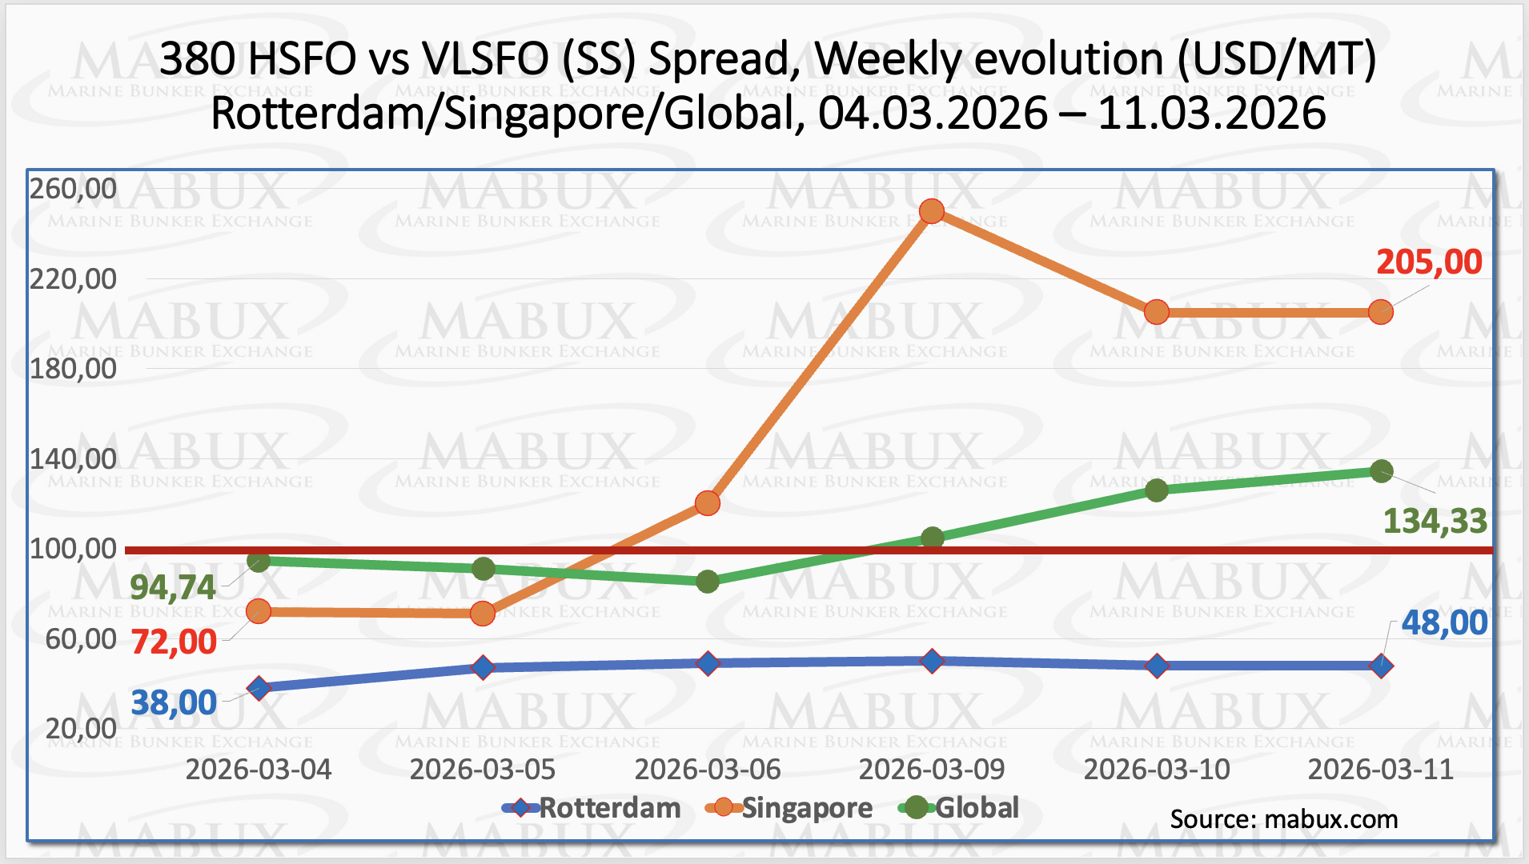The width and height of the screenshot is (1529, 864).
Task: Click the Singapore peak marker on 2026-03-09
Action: point(932,211)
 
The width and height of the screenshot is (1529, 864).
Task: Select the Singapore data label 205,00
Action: point(1429,262)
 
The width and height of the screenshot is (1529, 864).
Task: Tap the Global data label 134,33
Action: point(1435,522)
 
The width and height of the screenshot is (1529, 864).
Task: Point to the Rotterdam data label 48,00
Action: point(1444,623)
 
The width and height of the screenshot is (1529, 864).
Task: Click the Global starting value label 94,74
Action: point(173,588)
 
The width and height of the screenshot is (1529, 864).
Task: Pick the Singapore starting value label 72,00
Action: point(174,642)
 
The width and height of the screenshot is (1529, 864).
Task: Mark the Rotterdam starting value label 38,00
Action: point(174,703)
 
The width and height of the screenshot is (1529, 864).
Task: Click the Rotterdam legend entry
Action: point(592,808)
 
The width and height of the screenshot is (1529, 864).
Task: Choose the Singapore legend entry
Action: point(789,808)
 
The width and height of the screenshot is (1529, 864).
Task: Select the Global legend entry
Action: point(961,808)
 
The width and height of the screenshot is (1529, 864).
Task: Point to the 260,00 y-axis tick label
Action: point(73,189)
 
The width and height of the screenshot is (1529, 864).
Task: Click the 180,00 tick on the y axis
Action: point(73,369)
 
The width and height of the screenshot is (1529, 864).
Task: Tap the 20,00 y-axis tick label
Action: point(81,729)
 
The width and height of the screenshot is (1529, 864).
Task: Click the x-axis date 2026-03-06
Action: point(708,770)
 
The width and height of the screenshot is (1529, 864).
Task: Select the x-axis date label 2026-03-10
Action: point(1157,770)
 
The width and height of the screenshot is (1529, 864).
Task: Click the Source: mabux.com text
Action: point(1284,819)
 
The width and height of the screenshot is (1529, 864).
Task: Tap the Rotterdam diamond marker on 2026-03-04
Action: point(259,688)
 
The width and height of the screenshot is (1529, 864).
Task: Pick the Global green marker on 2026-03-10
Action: point(1157,490)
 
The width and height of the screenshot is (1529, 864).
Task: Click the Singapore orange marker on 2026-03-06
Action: point(708,503)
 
